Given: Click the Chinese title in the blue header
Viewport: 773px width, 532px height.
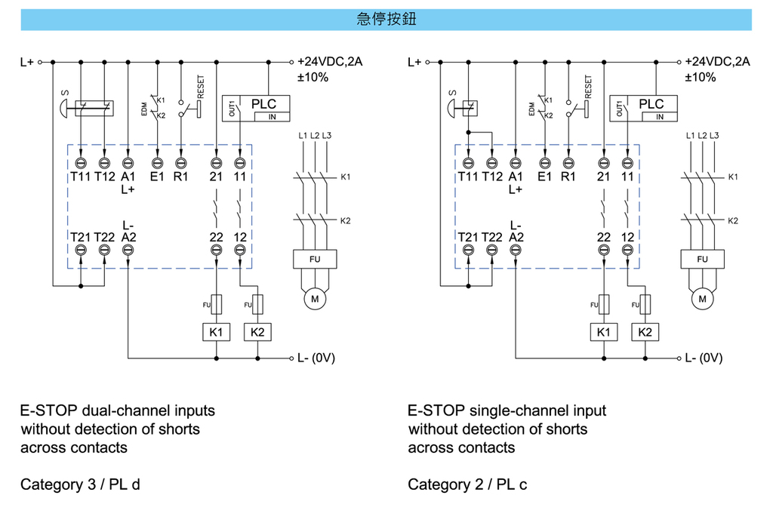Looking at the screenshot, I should coord(386,20).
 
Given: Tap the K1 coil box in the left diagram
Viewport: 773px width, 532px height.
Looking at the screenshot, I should coord(216,332).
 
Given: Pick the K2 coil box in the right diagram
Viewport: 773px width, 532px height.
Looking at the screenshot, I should coord(645,332).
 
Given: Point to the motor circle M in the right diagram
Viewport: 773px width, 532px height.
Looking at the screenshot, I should coord(702,299).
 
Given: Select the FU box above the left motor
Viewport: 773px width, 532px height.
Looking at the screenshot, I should coord(314,260).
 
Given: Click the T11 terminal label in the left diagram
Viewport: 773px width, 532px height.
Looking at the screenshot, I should coord(81,177).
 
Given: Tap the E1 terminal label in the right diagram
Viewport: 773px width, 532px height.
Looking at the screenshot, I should coord(545,177).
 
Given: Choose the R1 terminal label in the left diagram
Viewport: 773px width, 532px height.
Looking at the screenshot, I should coord(180,177).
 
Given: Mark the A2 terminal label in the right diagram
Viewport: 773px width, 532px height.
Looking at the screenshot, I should coord(516,237).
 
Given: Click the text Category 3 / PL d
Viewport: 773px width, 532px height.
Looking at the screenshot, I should coord(80,484).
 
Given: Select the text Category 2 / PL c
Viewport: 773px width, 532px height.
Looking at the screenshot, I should coord(467,484).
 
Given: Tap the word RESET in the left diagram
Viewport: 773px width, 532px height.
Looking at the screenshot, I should coord(200,86).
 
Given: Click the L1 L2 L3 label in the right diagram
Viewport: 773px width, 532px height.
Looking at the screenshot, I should coord(703,136).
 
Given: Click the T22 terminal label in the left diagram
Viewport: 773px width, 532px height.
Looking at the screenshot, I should coord(104,237).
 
